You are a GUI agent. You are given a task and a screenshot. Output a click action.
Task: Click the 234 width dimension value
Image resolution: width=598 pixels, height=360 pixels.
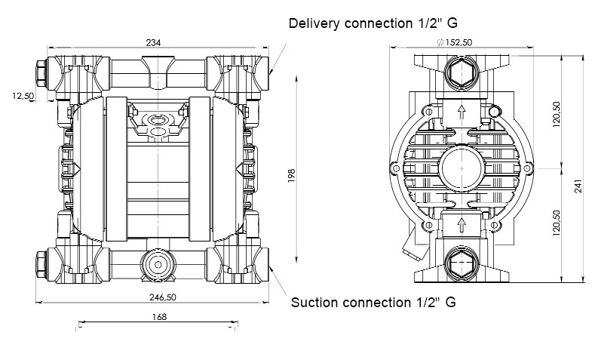[x=153, y=42]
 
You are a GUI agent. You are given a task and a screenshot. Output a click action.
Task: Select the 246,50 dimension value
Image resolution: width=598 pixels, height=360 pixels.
[x=163, y=297]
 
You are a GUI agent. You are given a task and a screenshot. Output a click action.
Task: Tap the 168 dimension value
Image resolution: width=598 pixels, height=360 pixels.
[x=159, y=317]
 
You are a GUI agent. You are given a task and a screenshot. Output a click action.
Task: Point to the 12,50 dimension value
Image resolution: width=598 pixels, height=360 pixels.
[x=23, y=96]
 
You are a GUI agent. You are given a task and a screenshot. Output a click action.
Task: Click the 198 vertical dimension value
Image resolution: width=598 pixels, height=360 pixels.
[x=292, y=176]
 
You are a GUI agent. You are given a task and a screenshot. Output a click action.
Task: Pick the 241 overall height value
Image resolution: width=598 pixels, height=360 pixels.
[x=578, y=186]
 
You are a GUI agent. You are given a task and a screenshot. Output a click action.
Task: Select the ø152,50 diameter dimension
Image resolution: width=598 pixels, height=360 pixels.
[x=455, y=42]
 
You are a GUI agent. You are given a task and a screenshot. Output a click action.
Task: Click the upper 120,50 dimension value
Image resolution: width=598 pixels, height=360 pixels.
[x=557, y=114]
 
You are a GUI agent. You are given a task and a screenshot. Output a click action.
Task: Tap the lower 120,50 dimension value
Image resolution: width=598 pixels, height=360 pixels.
[x=557, y=223]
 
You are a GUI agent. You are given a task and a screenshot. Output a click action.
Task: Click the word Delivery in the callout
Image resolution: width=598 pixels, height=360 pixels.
[x=314, y=23]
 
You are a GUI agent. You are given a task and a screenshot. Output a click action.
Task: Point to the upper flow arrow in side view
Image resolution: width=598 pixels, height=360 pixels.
[x=462, y=112]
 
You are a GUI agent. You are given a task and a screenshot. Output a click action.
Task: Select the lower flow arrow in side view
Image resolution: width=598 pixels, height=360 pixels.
[x=462, y=224]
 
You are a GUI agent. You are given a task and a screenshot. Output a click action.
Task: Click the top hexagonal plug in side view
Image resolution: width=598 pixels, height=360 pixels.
[x=462, y=72]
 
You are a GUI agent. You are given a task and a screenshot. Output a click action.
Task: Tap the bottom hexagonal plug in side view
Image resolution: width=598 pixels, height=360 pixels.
[x=462, y=263]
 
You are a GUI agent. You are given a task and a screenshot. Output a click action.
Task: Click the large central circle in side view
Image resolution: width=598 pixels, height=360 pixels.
[x=462, y=168]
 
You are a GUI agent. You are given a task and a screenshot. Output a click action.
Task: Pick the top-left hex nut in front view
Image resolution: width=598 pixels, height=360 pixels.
[x=41, y=73]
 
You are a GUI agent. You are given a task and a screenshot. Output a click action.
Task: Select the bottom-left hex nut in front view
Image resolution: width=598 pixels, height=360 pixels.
[x=41, y=264]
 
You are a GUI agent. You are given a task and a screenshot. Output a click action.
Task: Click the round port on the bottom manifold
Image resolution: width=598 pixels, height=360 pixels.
[x=158, y=264]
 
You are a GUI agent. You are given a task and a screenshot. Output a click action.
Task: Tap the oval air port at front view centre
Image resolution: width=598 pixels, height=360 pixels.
[x=158, y=120]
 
